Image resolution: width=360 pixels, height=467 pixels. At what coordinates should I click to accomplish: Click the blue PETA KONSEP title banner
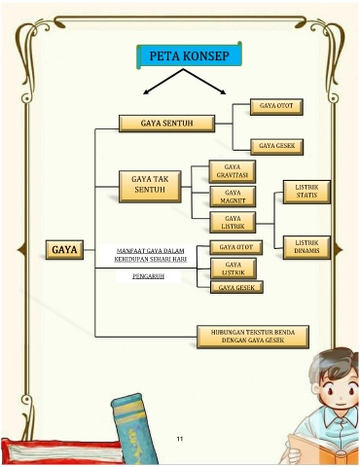[190, 55]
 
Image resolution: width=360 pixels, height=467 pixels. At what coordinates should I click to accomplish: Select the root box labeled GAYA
[64, 250]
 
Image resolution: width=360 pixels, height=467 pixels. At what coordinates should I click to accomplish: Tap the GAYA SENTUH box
[166, 124]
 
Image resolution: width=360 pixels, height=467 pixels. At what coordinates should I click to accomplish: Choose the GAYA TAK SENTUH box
[150, 187]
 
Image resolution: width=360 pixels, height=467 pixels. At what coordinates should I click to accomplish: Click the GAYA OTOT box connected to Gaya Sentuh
[276, 107]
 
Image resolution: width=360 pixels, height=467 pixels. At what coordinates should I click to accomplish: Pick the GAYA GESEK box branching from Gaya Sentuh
[276, 147]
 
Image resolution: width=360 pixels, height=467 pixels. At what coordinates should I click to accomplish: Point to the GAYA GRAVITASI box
[233, 171]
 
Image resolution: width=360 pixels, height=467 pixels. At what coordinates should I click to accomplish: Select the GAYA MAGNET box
[233, 197]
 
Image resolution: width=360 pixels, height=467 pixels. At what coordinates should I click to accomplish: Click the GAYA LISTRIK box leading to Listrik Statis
[233, 222]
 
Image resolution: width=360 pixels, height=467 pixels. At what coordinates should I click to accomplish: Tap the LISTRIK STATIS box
[306, 192]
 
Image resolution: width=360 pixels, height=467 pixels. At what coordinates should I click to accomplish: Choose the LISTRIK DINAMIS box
[306, 247]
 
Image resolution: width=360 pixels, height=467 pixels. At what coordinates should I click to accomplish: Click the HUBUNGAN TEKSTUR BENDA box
[253, 337]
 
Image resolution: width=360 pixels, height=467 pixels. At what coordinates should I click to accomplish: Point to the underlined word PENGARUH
[148, 276]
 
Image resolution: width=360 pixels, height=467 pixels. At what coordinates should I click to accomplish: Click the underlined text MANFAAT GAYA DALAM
[151, 251]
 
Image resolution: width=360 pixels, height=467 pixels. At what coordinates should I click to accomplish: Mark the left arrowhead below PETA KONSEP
[146, 92]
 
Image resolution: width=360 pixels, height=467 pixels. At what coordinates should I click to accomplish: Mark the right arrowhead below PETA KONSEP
[223, 92]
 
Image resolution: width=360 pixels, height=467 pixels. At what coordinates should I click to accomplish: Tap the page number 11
[180, 439]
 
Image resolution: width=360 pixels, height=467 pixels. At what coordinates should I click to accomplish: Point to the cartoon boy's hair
[333, 363]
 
